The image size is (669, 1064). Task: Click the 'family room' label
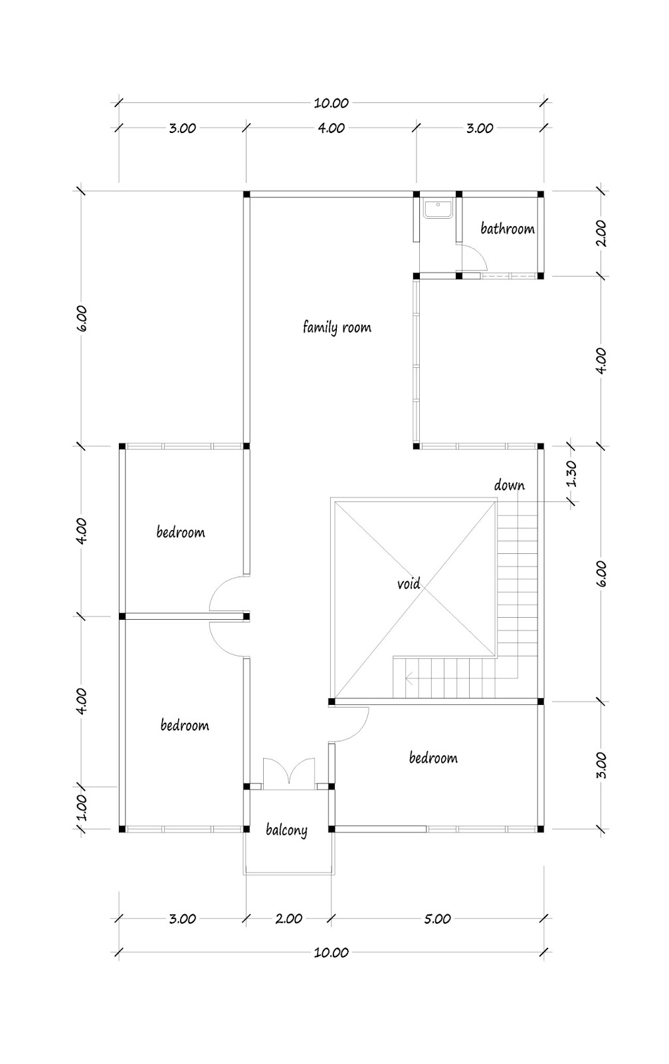click(x=337, y=327)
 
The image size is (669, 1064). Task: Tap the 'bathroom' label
click(x=508, y=229)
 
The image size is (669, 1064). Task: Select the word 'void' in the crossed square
click(x=409, y=584)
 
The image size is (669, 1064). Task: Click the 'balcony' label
click(x=286, y=830)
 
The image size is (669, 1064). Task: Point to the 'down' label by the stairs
click(x=509, y=485)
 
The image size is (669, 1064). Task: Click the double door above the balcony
click(x=289, y=774)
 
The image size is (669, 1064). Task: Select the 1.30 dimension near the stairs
click(x=572, y=474)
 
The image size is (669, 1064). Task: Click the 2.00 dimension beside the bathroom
click(x=601, y=234)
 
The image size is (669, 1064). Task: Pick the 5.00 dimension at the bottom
click(x=436, y=918)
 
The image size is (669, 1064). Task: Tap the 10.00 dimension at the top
click(x=332, y=103)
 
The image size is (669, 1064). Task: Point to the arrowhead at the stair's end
click(x=409, y=679)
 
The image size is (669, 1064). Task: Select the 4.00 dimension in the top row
click(x=330, y=128)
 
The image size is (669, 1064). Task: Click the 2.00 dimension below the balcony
click(x=288, y=918)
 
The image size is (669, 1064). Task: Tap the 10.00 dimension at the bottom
click(x=332, y=952)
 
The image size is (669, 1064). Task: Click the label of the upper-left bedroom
click(x=181, y=532)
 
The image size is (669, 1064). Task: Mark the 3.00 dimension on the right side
click(x=601, y=765)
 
